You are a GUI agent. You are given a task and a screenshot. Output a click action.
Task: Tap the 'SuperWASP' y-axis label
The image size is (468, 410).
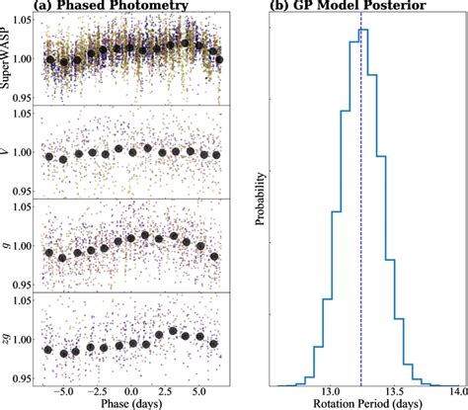(x=12, y=59)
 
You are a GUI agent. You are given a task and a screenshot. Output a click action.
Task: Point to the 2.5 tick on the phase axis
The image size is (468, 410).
(x=163, y=391)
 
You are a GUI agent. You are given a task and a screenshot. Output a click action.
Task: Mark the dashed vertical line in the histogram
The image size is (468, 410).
(x=361, y=198)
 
